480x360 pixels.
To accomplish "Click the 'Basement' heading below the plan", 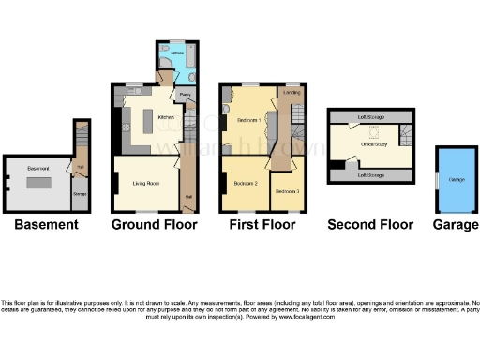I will click(46, 225).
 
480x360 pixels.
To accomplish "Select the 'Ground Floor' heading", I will click(155, 225).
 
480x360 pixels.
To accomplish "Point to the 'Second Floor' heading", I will click(370, 225).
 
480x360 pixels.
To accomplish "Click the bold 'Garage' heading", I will click(456, 225).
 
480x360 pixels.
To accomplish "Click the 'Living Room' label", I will click(143, 182).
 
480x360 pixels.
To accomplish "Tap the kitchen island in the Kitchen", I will click(147, 123).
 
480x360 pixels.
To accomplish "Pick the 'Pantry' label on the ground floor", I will click(186, 95).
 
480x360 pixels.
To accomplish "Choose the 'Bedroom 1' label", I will click(247, 122).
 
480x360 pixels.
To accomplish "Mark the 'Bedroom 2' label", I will click(246, 182).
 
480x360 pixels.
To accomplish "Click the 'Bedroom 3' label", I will click(287, 190).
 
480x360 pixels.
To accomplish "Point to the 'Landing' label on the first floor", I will click(292, 93).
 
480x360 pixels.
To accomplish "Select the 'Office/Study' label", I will click(377, 144).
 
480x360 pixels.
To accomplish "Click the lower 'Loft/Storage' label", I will click(371, 174).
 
